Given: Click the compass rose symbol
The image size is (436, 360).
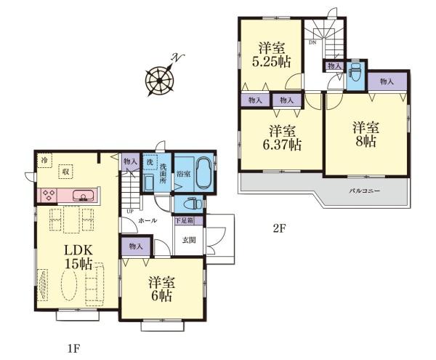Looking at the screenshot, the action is point(160,80).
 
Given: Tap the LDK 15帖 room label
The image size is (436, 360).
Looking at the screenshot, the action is point(78,257).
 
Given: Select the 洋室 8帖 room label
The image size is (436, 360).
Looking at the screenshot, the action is point(366,135).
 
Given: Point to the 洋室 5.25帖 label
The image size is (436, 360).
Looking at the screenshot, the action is point(271,55).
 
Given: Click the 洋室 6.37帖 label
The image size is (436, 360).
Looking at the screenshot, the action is point(282,137).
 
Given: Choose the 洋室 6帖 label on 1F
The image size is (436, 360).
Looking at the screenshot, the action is point(161,289).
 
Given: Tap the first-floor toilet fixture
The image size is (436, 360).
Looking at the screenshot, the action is point(193,204).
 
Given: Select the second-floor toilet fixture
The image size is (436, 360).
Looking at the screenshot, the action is point(355,72).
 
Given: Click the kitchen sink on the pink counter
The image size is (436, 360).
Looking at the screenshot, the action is point(83,196).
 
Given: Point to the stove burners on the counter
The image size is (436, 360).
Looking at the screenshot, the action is point(49,195).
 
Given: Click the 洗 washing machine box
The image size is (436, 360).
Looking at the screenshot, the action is point(150,162).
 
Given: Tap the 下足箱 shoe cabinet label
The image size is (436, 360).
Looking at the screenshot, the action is point(184,221).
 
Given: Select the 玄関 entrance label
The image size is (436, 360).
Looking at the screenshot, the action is point(189,240).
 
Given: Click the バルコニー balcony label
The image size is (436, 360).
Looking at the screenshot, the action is point(364,191).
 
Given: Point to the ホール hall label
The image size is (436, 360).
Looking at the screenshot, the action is point(148,220).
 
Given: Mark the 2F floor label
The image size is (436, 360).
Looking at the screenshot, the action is point(279,228).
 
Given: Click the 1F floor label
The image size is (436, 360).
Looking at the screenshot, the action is point(74,348).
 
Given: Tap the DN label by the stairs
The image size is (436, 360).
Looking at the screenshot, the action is point(312,43).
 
